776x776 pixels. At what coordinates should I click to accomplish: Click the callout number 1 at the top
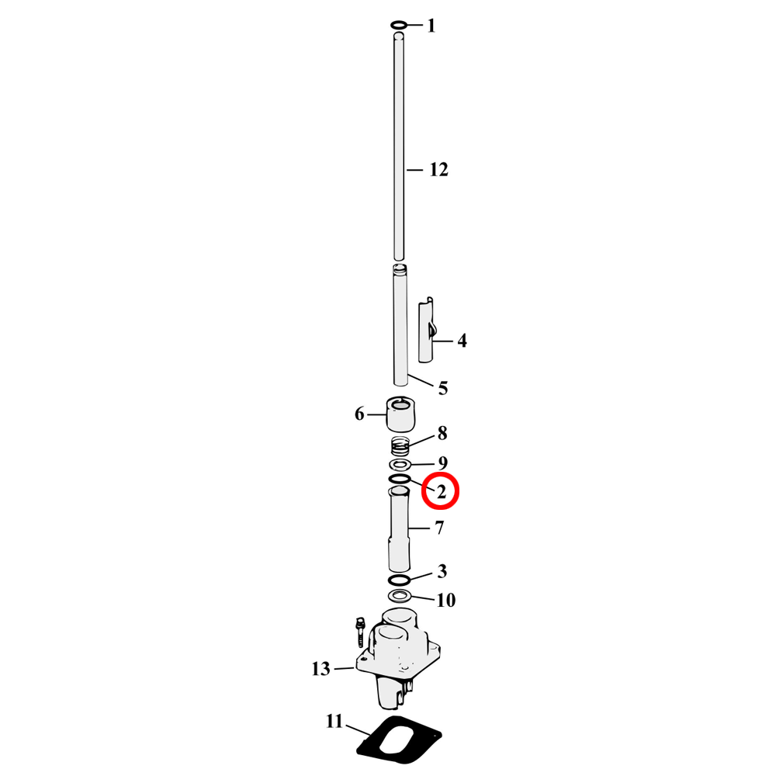(x=431, y=26)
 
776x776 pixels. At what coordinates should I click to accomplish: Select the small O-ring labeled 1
(x=399, y=26)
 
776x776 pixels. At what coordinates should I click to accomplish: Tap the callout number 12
(x=439, y=170)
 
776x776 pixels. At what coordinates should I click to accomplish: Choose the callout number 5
(x=442, y=388)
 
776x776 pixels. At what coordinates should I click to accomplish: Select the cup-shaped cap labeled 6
(x=400, y=414)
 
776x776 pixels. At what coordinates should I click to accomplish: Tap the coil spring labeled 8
(x=400, y=447)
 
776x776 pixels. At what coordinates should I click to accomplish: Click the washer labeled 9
(x=400, y=465)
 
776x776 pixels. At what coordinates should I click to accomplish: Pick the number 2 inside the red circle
(x=442, y=492)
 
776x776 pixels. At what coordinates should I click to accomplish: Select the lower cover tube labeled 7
(x=400, y=528)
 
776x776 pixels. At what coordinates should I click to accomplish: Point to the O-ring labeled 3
(x=399, y=580)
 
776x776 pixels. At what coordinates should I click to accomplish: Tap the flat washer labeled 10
(x=400, y=596)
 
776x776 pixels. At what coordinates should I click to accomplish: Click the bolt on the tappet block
(x=360, y=630)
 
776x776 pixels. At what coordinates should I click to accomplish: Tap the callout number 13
(x=321, y=669)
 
